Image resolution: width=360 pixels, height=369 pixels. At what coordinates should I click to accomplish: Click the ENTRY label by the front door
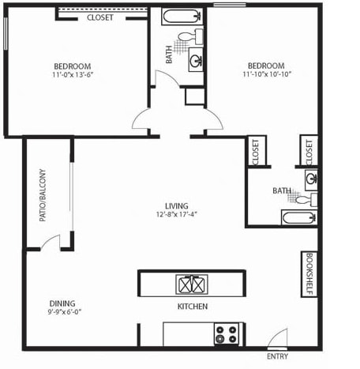tap(277, 356)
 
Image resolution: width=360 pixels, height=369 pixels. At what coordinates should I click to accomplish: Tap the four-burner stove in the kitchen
tap(227, 333)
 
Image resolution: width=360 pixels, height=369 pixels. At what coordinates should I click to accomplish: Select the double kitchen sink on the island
tap(192, 284)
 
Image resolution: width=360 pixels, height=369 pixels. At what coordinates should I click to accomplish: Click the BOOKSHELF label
tap(309, 274)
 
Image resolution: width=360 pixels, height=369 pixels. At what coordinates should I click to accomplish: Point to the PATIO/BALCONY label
tap(43, 195)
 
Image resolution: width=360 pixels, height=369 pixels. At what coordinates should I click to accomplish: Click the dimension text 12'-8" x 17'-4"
tap(177, 214)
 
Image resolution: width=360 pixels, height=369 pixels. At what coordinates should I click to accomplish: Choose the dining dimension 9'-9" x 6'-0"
tap(65, 312)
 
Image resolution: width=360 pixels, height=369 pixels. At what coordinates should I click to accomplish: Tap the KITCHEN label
tap(193, 307)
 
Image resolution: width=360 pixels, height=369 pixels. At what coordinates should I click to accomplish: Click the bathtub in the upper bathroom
tap(182, 17)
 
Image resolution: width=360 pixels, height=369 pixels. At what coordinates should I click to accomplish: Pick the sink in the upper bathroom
tap(196, 60)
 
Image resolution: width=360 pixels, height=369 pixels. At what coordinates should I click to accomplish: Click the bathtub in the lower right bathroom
tap(299, 217)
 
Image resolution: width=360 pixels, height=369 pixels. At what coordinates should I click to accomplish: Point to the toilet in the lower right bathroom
tap(306, 199)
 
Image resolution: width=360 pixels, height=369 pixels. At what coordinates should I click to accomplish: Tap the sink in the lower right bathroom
tap(311, 180)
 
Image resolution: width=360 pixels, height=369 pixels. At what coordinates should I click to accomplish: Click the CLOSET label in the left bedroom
tap(100, 17)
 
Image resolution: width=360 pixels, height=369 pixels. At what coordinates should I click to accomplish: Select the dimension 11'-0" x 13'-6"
tap(73, 75)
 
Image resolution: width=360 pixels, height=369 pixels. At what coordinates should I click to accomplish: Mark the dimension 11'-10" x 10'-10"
tap(267, 74)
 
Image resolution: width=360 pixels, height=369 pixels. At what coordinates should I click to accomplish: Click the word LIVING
tap(177, 205)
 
